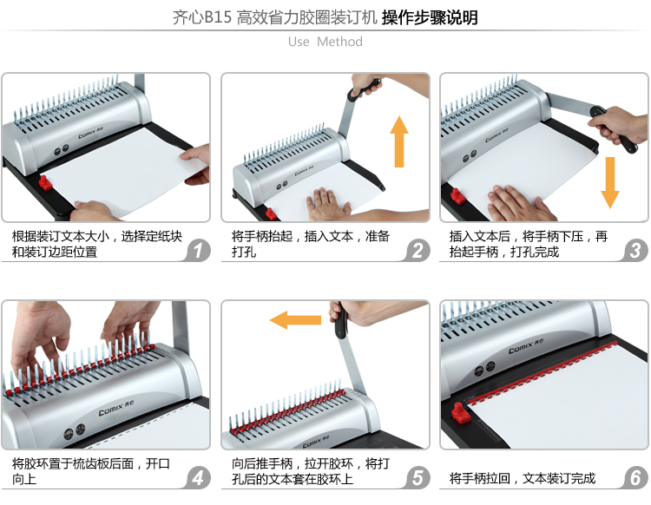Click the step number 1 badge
coord(199,251)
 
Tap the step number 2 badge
coord(418,251)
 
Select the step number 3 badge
coord(635,251)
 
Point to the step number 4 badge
coord(199,477)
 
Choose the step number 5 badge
coord(418,477)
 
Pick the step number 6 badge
coord(635,477)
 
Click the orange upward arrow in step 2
coord(399,141)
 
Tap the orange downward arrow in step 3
coord(610,182)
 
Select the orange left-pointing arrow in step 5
coord(295,320)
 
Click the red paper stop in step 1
coord(45,182)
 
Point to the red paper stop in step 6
coord(460,413)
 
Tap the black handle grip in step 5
coord(340,322)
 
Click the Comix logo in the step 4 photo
coord(115,408)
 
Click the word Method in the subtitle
coord(339,42)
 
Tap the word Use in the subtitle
coord(299,42)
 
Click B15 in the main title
coord(218,17)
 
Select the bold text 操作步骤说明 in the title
coord(430,17)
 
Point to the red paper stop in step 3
coord(458,196)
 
